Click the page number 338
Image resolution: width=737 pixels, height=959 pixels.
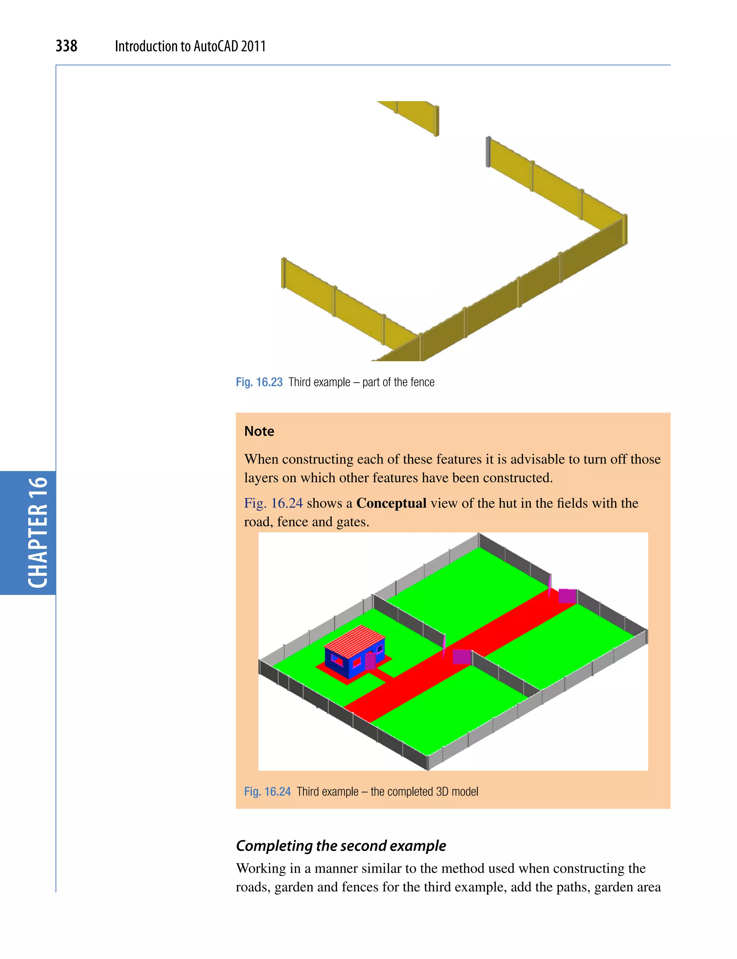(x=66, y=46)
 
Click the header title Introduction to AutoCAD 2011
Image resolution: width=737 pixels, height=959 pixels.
(x=190, y=46)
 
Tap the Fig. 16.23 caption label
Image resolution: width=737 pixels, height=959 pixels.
(x=259, y=382)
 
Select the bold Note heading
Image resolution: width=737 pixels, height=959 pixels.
(x=259, y=431)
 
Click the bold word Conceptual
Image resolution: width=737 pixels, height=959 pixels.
(x=391, y=503)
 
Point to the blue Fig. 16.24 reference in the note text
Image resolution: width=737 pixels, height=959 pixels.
(x=273, y=503)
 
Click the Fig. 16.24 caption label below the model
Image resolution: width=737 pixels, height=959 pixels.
(x=267, y=791)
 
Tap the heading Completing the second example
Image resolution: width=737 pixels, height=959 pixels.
(x=340, y=845)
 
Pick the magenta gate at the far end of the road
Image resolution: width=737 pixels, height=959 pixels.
(x=567, y=596)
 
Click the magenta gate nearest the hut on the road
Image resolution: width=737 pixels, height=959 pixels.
(x=461, y=656)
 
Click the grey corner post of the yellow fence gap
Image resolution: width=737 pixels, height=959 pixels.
(x=488, y=152)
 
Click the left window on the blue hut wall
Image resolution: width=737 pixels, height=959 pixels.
(x=337, y=659)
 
